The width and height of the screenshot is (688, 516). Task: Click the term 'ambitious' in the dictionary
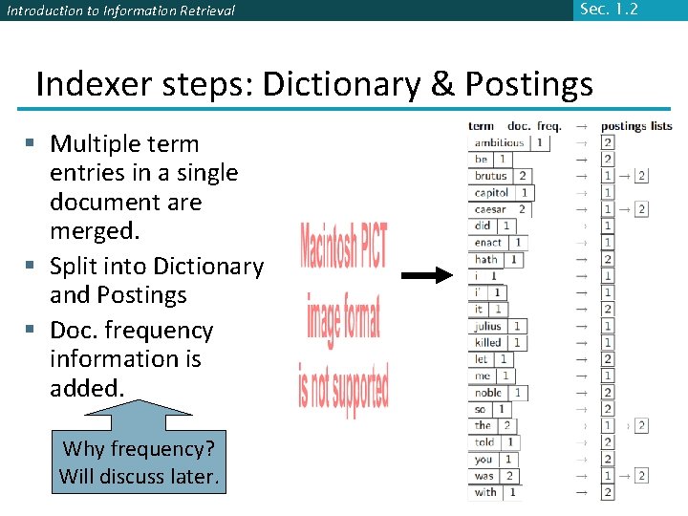pos(500,142)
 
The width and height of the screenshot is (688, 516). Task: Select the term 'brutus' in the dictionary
pos(491,176)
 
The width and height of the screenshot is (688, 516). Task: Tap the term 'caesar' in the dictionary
pos(491,209)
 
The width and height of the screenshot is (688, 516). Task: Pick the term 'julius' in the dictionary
pos(488,326)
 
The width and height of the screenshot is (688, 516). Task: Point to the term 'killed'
pos(488,342)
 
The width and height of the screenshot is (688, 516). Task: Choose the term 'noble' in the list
pos(488,393)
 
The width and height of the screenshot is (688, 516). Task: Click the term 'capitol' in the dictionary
pos(492,193)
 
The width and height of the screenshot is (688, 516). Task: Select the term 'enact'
pos(488,243)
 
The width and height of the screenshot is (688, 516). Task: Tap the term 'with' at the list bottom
pos(485,492)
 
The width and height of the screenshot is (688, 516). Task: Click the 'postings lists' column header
pos(636,126)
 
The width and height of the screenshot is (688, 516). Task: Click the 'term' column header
pos(482,126)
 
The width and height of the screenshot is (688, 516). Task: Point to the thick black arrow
pos(425,276)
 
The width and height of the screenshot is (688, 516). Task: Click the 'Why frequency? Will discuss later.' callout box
pos(139,462)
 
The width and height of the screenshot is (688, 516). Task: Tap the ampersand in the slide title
pos(442,84)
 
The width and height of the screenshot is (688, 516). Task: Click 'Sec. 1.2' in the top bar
pos(608,10)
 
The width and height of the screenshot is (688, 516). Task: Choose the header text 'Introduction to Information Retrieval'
pos(120,11)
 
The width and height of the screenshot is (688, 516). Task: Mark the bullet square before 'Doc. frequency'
pos(31,330)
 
